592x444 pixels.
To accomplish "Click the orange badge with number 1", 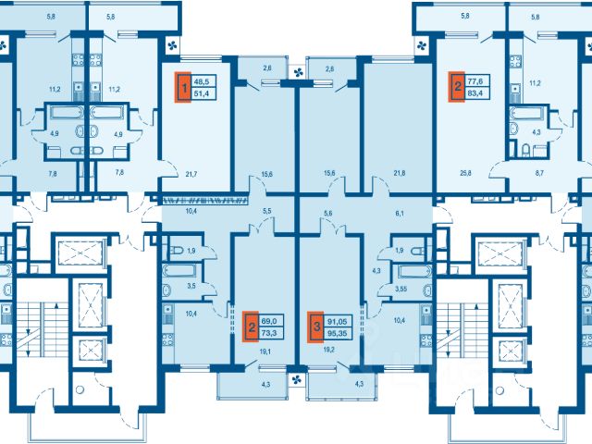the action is click(x=183, y=87).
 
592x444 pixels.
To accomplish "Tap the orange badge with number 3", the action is click(x=315, y=327).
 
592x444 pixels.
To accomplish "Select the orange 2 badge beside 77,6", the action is click(x=457, y=86).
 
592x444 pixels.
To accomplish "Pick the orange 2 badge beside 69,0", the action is click(x=251, y=327).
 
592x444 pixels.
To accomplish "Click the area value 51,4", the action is click(x=204, y=93).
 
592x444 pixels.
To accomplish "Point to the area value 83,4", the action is click(x=478, y=92).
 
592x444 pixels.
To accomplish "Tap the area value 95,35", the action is click(x=338, y=333).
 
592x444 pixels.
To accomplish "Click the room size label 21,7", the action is click(x=191, y=174).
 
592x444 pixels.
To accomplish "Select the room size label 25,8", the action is click(x=465, y=173).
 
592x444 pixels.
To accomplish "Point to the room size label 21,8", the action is click(x=400, y=173).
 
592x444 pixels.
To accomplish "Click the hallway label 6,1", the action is click(x=400, y=213).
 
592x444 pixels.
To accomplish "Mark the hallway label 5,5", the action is click(x=267, y=212).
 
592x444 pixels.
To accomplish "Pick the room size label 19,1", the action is click(x=265, y=351).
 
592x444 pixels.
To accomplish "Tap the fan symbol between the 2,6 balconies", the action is click(x=298, y=72).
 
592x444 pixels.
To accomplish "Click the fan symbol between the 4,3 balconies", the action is click(x=297, y=380).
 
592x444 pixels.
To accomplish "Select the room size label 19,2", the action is click(x=329, y=350).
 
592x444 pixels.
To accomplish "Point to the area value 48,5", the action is click(x=204, y=80).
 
